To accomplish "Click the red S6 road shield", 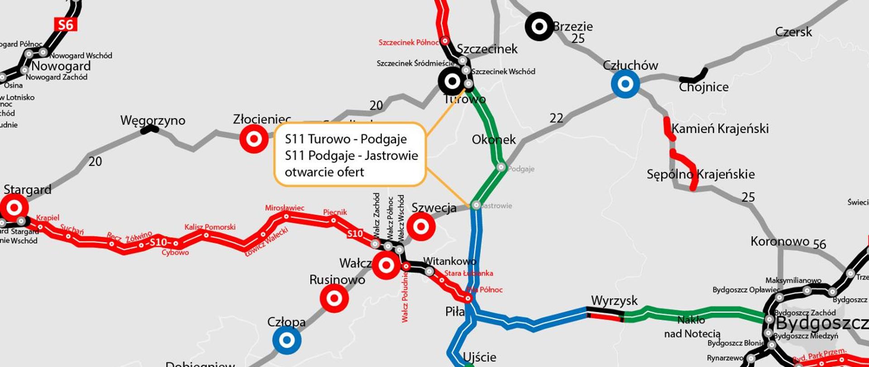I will click(x=66, y=24).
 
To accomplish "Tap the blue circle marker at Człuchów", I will click(x=625, y=84).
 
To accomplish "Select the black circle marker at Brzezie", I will click(x=539, y=26).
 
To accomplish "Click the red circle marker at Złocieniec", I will click(x=253, y=139).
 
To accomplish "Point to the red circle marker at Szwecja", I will click(x=421, y=226).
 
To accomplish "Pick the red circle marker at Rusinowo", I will click(x=334, y=299).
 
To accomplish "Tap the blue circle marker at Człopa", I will click(x=286, y=340).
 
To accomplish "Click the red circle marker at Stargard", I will click(x=14, y=208).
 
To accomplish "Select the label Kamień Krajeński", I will click(x=720, y=129).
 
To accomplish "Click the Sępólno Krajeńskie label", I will click(x=700, y=174).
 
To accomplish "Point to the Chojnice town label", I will click(x=703, y=87).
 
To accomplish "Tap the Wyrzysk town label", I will click(x=614, y=301).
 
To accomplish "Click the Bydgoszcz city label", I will click(x=821, y=324).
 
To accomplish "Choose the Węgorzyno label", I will click(x=153, y=121).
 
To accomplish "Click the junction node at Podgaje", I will click(x=501, y=167).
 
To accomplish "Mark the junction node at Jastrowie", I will click(x=476, y=205).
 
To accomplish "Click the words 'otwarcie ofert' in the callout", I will click(x=324, y=172).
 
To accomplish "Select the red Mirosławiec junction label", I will click(x=284, y=208).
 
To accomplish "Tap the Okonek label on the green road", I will click(x=493, y=140).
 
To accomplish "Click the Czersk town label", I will click(x=793, y=32).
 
